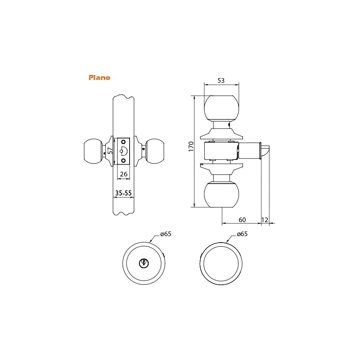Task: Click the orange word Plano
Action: [x=99, y=78]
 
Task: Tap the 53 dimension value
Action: [x=221, y=81]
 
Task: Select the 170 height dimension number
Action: [x=191, y=147]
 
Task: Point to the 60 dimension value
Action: [x=242, y=220]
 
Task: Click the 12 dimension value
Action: [x=265, y=220]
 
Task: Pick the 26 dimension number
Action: [x=123, y=174]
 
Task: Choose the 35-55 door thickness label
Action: [x=123, y=193]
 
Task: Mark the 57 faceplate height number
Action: [x=111, y=150]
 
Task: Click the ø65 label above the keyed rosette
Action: [x=166, y=234]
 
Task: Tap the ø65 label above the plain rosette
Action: [x=242, y=234]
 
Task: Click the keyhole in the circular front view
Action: [x=144, y=263]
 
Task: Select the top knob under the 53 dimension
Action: [x=221, y=108]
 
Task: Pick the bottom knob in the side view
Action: [x=221, y=194]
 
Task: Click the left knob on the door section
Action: [x=93, y=151]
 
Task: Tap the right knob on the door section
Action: [x=155, y=151]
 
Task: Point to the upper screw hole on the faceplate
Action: [x=123, y=141]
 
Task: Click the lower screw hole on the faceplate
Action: [x=123, y=160]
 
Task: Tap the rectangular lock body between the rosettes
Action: [x=221, y=150]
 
